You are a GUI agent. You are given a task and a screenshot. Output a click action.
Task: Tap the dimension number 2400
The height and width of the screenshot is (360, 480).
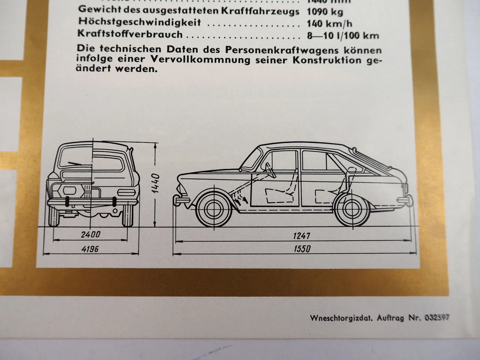click(x=90, y=235)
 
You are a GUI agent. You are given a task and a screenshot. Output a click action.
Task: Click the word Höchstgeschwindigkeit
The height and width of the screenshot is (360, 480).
click(x=139, y=23)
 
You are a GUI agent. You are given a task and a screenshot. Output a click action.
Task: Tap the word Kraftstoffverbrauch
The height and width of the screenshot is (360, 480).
click(x=130, y=34)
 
